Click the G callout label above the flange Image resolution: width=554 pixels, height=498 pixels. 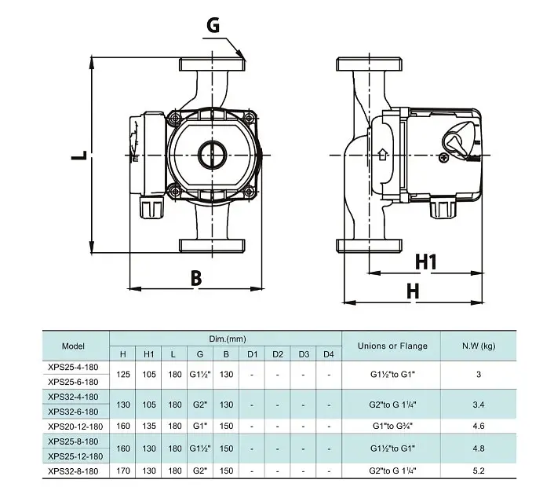tap(213, 25)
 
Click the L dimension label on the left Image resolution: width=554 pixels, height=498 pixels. tap(78, 156)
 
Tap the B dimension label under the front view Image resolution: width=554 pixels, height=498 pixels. tap(196, 278)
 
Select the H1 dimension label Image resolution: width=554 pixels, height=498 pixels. tap(426, 262)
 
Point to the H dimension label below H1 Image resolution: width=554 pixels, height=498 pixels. tap(413, 291)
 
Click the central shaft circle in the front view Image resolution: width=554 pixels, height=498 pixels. tap(212, 155)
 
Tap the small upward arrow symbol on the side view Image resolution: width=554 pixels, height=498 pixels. tap(383, 155)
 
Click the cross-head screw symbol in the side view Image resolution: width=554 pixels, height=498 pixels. tap(443, 158)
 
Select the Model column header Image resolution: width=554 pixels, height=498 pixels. tap(73, 346)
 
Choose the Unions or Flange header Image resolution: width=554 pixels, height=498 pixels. tap(392, 346)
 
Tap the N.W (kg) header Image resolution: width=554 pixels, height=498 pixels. tap(479, 346)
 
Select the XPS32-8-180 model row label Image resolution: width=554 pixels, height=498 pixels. tap(73, 471)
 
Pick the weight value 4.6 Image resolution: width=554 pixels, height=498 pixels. tap(479, 426)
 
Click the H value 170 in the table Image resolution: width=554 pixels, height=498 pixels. tap(123, 471)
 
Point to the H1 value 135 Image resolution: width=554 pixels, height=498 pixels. tap(149, 426)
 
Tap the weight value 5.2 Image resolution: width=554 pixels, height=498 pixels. tap(479, 471)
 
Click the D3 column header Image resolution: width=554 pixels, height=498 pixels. tap(304, 354)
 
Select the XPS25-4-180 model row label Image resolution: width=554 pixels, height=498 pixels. tap(73, 367)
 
